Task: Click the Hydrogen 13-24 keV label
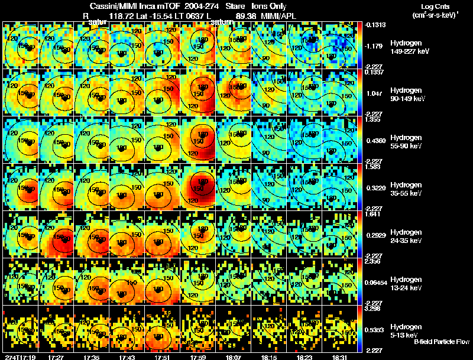407,284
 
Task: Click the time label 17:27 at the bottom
57,357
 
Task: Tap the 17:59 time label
199,357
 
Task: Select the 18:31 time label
341,357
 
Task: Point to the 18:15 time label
270,357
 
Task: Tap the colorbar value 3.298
374,309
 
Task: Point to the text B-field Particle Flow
442,342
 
